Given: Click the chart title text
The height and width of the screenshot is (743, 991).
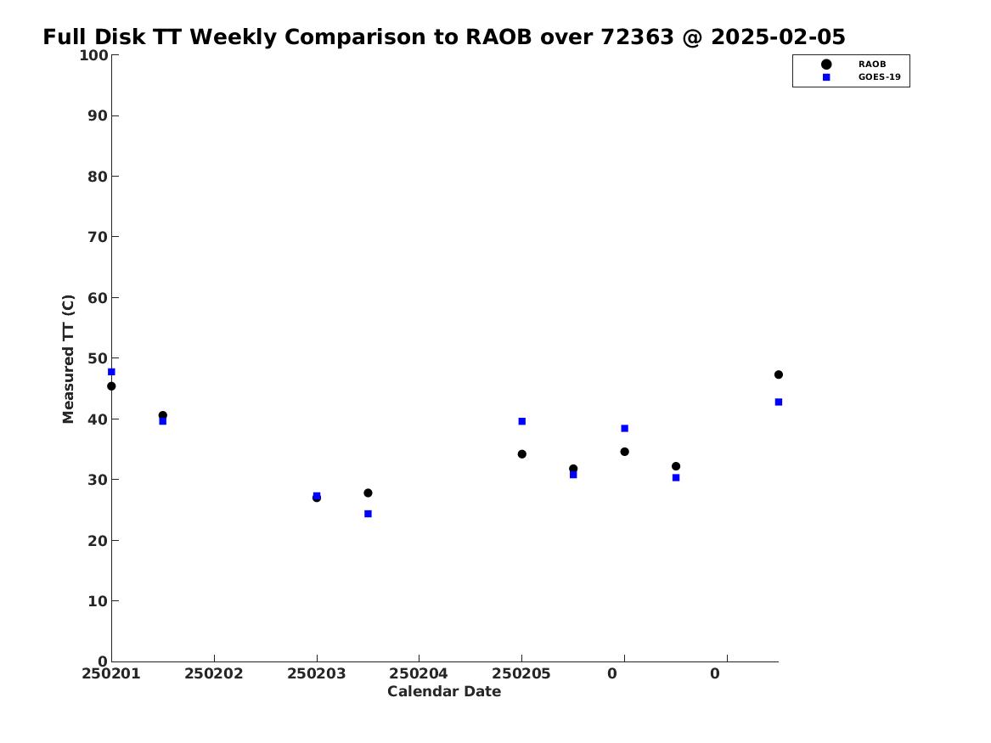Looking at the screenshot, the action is (443, 37).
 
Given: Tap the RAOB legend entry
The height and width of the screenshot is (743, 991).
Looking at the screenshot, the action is (853, 64).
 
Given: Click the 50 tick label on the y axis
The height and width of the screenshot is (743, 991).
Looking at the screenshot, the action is (98, 358).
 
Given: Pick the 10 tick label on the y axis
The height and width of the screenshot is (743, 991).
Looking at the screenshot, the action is (98, 601).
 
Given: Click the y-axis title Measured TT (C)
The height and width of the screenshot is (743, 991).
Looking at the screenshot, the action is (68, 359).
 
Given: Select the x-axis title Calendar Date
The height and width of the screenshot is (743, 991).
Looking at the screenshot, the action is (443, 691).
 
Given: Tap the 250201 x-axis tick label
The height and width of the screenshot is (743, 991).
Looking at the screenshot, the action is (110, 673).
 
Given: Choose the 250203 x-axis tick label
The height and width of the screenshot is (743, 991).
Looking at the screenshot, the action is (316, 673).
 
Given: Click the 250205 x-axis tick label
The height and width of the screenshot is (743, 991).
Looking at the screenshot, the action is (521, 673).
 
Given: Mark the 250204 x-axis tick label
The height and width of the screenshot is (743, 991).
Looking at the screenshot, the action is (419, 673).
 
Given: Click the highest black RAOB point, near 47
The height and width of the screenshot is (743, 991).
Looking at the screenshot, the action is (779, 374).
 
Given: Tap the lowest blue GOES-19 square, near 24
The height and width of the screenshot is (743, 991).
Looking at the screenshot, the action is (368, 514).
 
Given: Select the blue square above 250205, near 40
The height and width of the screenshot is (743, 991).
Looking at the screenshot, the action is (522, 421).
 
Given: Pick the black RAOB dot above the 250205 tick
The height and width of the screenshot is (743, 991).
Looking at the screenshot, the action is (522, 454).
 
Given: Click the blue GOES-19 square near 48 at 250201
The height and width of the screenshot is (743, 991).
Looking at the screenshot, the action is (111, 372).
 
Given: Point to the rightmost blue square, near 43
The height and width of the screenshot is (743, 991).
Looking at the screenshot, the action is (779, 402).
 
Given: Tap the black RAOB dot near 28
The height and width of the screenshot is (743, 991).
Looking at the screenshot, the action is (368, 493).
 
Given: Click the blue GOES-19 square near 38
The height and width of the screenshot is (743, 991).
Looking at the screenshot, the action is (624, 428).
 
